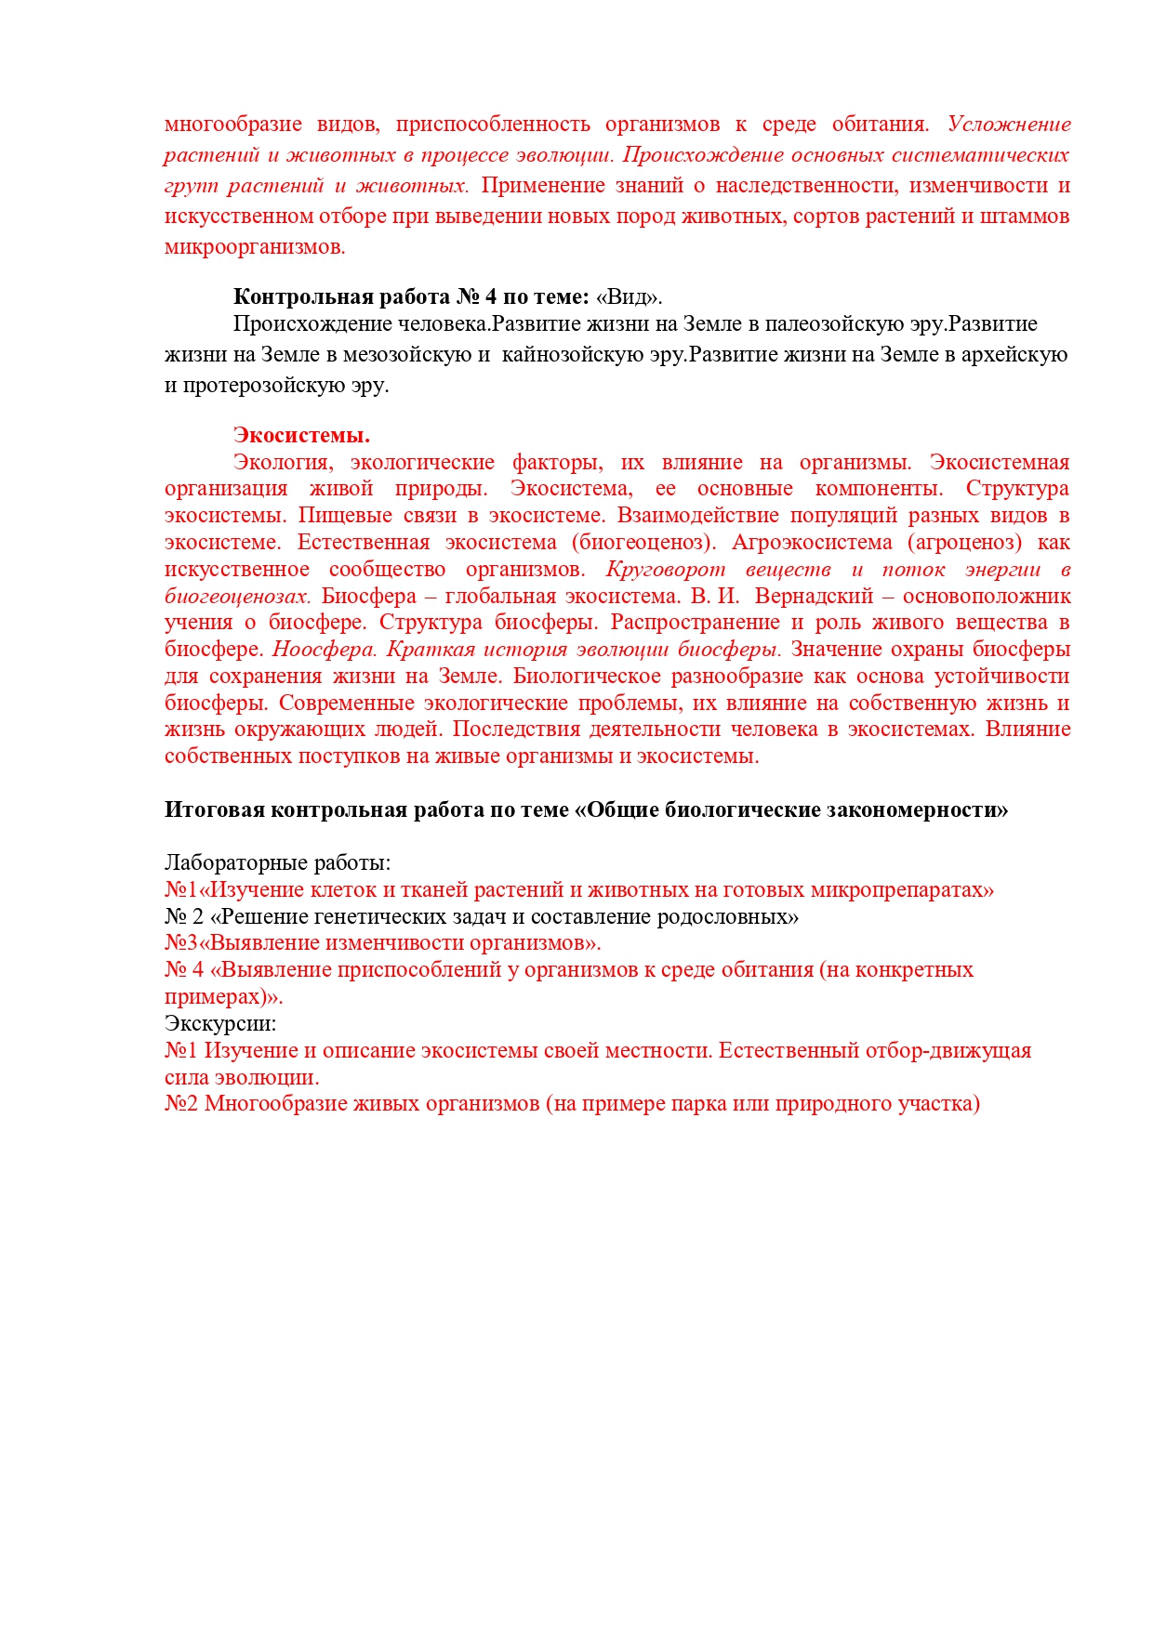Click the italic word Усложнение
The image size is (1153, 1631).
point(1009,125)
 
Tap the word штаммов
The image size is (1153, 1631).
point(1026,217)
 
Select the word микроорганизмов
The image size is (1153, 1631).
point(255,247)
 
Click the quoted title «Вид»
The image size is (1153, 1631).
point(629,297)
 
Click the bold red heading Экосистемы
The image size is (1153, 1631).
point(301,435)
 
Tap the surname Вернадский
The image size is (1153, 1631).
point(815,597)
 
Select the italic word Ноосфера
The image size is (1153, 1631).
point(325,650)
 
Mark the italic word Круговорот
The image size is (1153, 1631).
point(665,570)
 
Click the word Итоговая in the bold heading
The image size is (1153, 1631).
point(214,810)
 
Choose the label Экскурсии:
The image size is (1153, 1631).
point(220,1024)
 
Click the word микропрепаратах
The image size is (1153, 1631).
point(902,890)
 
